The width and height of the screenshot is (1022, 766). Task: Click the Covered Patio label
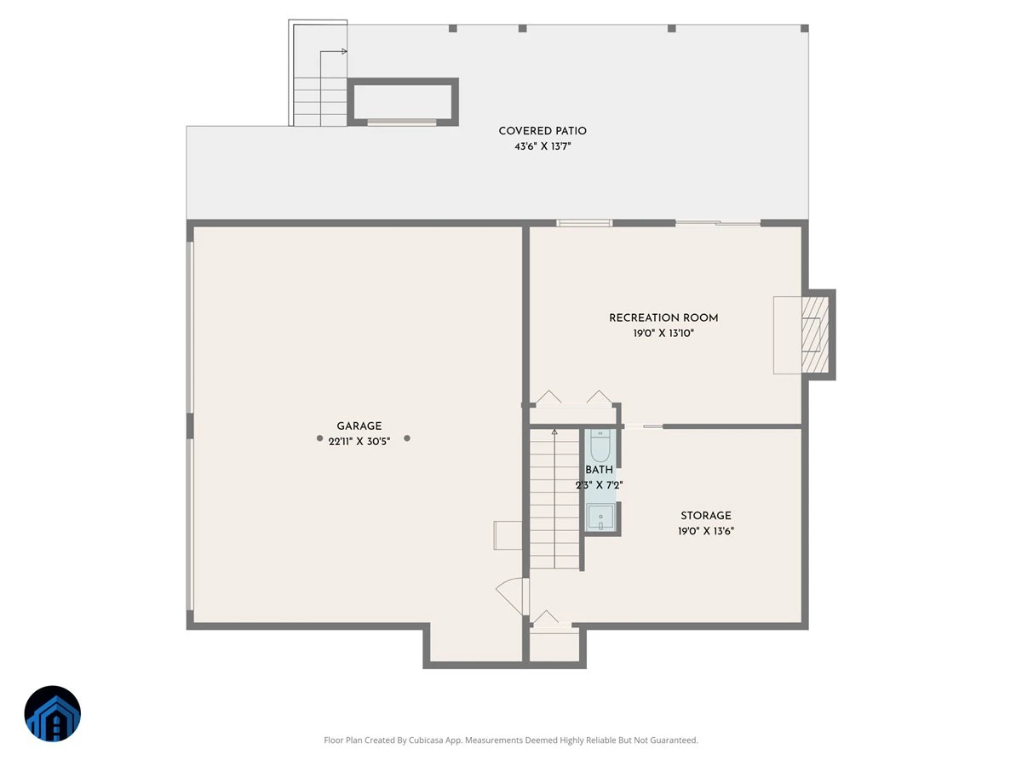coord(543,131)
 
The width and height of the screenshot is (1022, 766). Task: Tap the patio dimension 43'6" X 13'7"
coord(543,146)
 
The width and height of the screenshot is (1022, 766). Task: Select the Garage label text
coord(359,426)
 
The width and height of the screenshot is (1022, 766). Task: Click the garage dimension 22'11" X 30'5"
coord(359,442)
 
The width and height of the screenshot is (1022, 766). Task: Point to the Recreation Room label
coord(663,318)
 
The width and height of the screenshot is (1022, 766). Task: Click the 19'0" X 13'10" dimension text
coord(663,334)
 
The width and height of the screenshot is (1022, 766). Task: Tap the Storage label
coord(706,516)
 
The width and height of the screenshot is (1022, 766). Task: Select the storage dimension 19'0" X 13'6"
coord(706,531)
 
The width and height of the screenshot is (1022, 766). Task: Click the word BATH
coord(600,470)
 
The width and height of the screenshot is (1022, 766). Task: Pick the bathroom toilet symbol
coord(600,445)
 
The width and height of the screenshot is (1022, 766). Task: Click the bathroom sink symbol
coord(600,517)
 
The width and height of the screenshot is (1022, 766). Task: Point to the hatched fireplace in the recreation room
coord(815,334)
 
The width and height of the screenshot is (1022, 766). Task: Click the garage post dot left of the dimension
coord(319,438)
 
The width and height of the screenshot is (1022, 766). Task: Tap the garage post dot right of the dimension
coord(407,438)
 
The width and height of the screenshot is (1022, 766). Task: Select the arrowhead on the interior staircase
coord(554,432)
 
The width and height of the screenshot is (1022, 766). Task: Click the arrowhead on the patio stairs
coord(344,51)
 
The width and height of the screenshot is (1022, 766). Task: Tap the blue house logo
coord(53,713)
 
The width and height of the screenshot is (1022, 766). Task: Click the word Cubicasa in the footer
coord(426,740)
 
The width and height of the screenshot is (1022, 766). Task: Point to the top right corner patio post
coord(805,28)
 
